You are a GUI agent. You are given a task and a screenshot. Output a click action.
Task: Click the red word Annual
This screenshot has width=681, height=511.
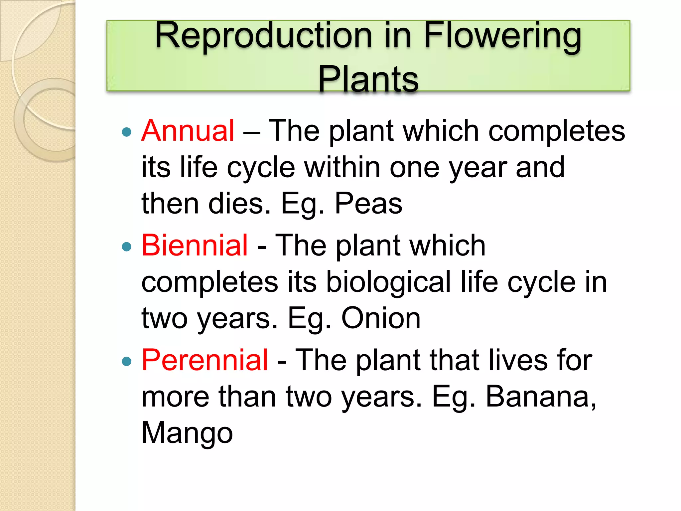point(188,131)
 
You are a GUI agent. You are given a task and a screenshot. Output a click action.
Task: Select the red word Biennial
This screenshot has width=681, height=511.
point(195,245)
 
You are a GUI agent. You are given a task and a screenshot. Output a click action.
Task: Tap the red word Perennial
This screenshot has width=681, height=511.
point(204,360)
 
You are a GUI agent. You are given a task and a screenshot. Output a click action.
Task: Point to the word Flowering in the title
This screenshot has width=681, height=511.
point(502,36)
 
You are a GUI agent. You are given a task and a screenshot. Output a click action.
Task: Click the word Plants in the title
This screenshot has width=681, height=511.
point(368,79)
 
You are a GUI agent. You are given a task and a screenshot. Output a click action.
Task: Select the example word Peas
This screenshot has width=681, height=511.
point(368,203)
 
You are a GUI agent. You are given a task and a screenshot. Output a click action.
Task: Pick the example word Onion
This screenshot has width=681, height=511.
point(381,318)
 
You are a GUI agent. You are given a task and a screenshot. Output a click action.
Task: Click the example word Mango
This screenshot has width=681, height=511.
point(187,433)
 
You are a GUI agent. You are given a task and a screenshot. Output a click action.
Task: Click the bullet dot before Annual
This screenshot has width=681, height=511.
point(127,132)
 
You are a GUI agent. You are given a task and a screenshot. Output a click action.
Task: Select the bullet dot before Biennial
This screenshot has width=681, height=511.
point(127,247)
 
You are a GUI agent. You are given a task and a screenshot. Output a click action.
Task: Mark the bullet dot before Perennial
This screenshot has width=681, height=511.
point(127,361)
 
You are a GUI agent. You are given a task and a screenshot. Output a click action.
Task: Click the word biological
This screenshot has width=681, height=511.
point(388,282)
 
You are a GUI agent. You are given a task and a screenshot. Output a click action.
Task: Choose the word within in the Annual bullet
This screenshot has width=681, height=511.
point(342,167)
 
